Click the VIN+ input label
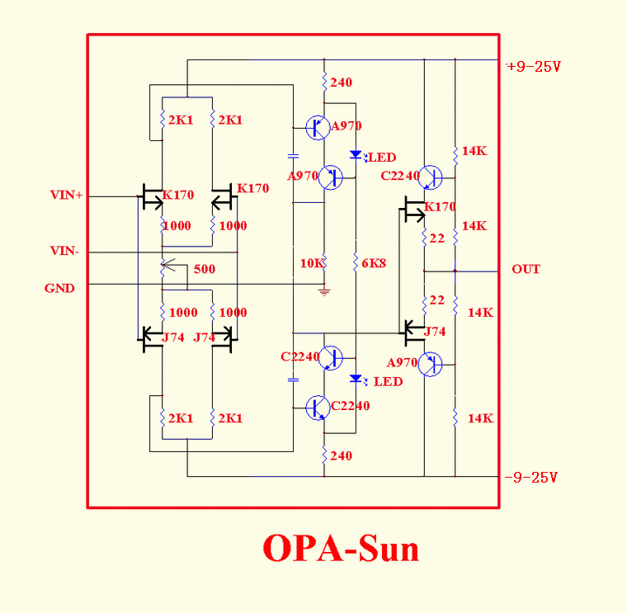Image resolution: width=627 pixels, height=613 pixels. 66,195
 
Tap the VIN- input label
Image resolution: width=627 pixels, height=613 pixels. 64,251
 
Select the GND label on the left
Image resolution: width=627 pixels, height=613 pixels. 59,288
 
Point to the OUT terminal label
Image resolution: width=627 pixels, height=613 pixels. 526,269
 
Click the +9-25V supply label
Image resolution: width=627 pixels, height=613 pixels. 534,66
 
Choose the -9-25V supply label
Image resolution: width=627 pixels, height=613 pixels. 531,478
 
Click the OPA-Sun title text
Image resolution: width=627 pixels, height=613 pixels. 341,548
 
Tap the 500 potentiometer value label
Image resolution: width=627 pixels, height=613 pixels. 205,269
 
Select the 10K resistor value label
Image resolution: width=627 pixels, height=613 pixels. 312,263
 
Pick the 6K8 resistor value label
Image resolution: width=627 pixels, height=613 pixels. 374,263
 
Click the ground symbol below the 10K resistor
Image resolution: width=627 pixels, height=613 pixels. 324,292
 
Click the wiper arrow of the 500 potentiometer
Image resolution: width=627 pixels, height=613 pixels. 169,265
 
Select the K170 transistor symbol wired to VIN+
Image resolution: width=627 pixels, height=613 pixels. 151,196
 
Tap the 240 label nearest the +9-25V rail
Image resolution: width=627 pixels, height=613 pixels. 341,83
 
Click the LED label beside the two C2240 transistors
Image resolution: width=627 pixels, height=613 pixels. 388,381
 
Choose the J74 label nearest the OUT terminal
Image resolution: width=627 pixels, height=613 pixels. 435,332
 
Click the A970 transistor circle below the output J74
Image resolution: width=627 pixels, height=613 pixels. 431,365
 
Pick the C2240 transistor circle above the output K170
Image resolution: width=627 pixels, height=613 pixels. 431,177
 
